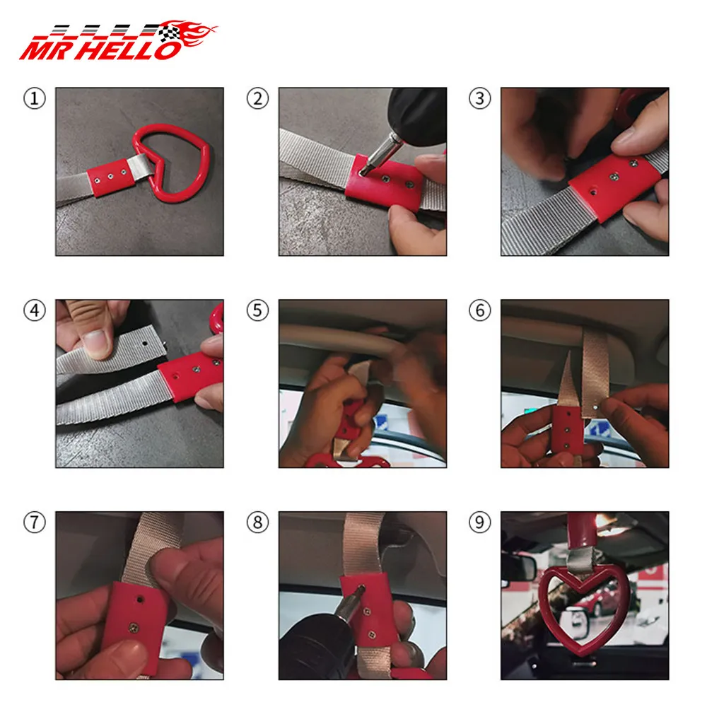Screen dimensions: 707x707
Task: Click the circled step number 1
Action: [35, 99]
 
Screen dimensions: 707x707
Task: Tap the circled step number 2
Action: [257, 99]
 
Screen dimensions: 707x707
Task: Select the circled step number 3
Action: [480, 99]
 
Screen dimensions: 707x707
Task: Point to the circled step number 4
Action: [35, 310]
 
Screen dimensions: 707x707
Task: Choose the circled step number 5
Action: [257, 310]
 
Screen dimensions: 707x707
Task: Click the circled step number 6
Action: [480, 310]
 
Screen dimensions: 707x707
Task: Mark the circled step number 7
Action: [35, 522]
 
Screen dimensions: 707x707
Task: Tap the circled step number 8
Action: [257, 522]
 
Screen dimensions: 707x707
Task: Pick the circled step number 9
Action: [480, 522]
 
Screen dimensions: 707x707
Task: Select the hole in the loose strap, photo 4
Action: [145, 344]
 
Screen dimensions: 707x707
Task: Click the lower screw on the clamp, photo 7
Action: [134, 626]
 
